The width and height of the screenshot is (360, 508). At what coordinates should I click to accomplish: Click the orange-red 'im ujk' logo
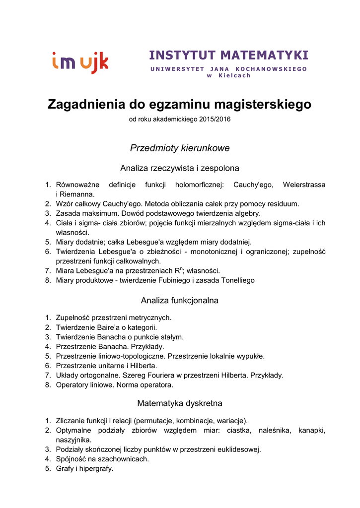point(80,63)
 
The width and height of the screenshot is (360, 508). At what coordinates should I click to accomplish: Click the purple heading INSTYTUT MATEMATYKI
point(228,55)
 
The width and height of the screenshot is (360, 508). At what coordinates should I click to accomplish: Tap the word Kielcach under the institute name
point(234,75)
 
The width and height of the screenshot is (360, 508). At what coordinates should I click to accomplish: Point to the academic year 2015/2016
point(212,120)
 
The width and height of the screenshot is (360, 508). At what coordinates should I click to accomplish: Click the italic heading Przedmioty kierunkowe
point(180,148)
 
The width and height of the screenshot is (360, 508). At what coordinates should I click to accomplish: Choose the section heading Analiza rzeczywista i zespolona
point(180,168)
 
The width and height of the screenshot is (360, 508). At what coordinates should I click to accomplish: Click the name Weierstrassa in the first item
point(304,185)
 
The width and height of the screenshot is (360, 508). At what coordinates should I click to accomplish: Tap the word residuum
point(283,204)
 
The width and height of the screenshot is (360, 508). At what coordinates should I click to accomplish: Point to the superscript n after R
point(182,268)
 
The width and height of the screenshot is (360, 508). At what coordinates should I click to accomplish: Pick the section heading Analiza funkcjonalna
point(180,301)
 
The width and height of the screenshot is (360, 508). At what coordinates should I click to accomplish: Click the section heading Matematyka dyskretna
point(180,403)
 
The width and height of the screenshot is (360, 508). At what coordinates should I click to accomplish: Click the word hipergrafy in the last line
point(96,468)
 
